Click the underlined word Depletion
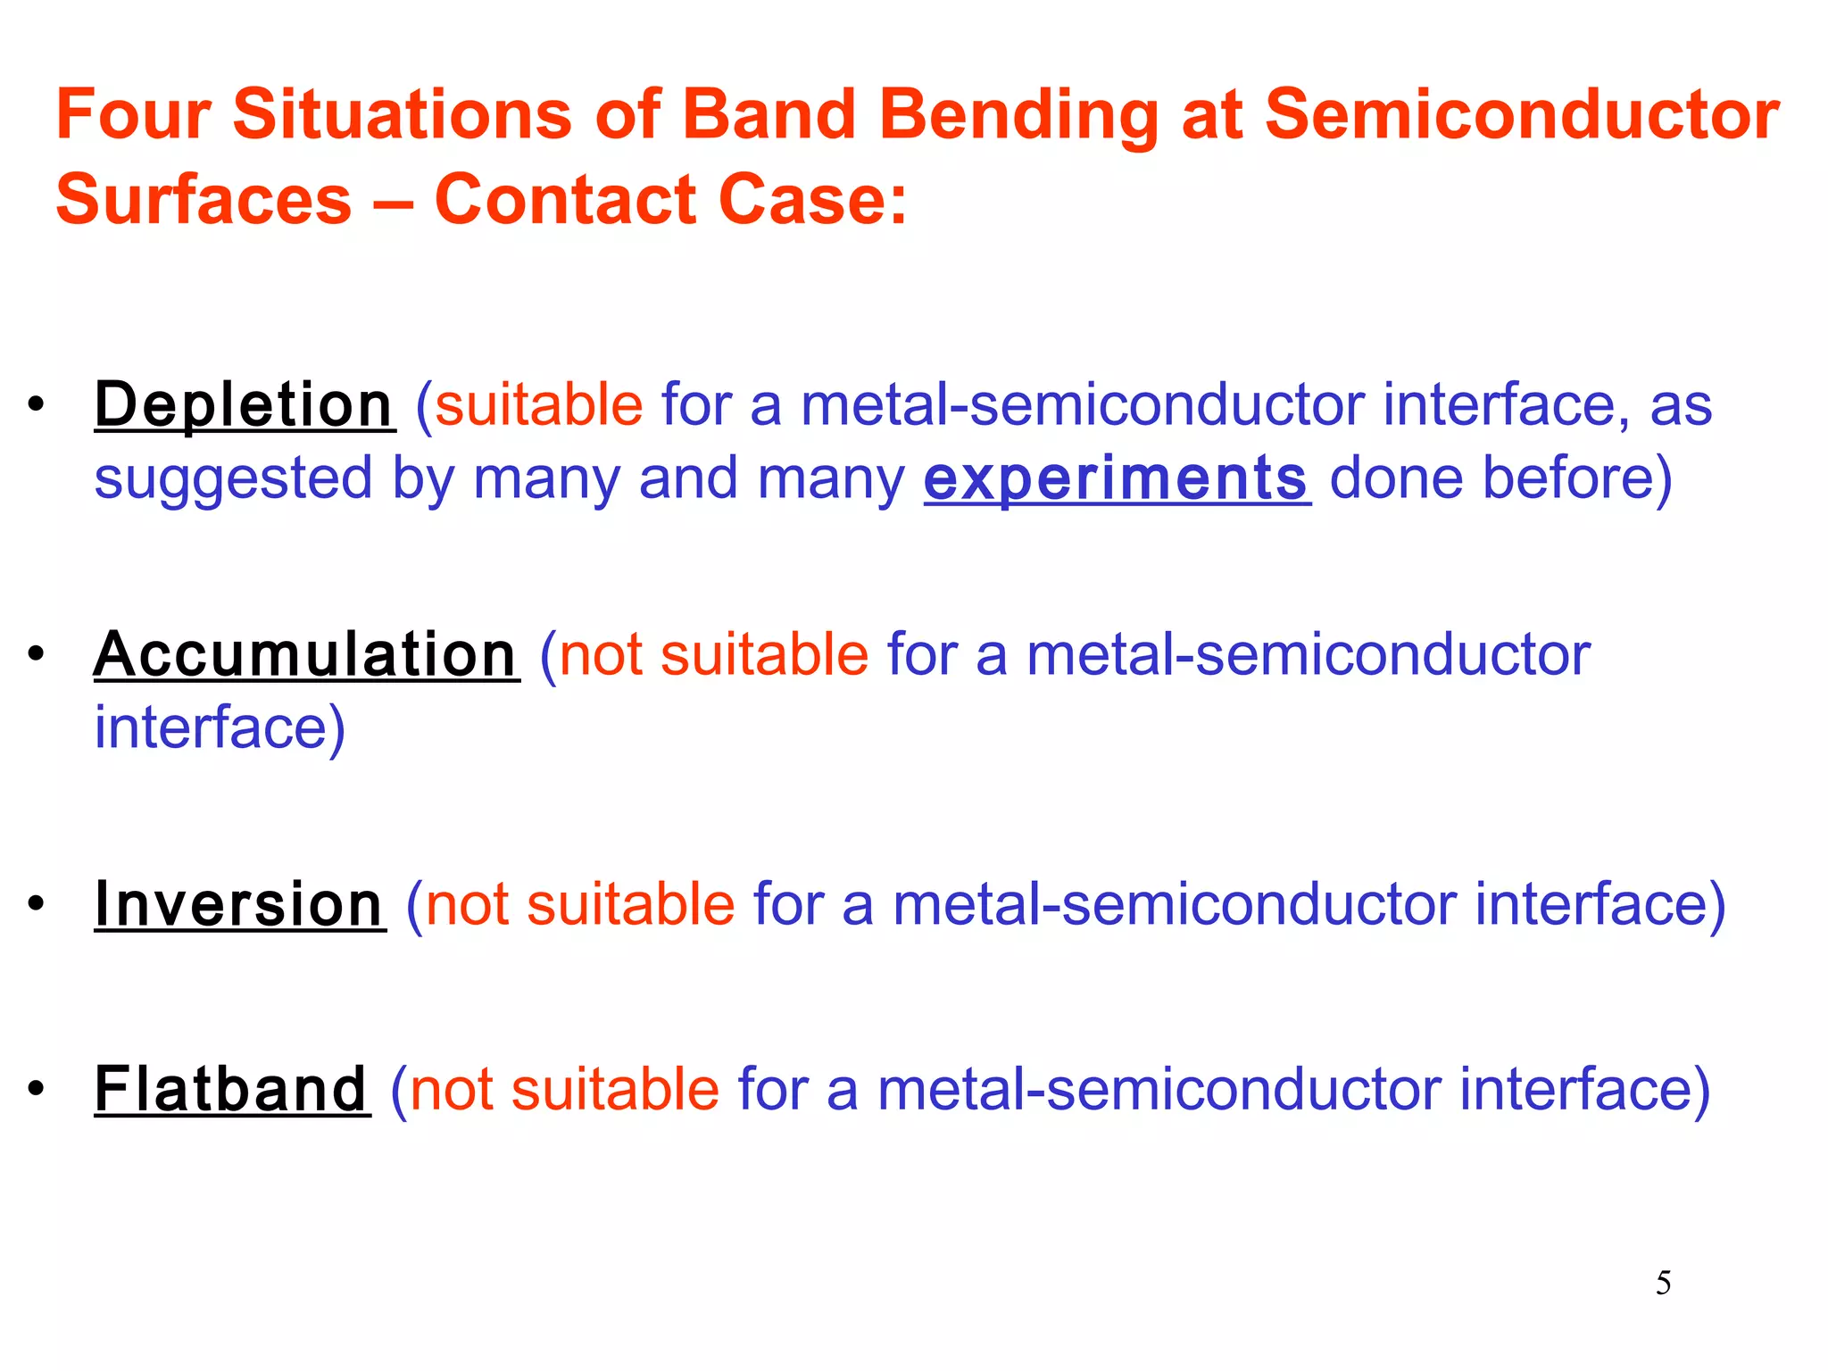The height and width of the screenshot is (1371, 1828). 244,405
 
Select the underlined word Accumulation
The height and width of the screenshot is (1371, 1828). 305,655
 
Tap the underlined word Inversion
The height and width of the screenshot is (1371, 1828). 239,905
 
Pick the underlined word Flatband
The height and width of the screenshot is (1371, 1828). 231,1090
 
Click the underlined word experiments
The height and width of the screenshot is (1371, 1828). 1117,479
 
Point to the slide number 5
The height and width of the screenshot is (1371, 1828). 1663,1284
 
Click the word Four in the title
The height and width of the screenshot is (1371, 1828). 133,115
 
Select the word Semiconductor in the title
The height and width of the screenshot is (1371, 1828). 1522,115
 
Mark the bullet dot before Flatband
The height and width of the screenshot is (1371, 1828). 36,1090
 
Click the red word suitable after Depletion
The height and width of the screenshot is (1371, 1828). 538,405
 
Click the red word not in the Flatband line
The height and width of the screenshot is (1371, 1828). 451,1090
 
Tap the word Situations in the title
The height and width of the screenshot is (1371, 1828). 402,115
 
